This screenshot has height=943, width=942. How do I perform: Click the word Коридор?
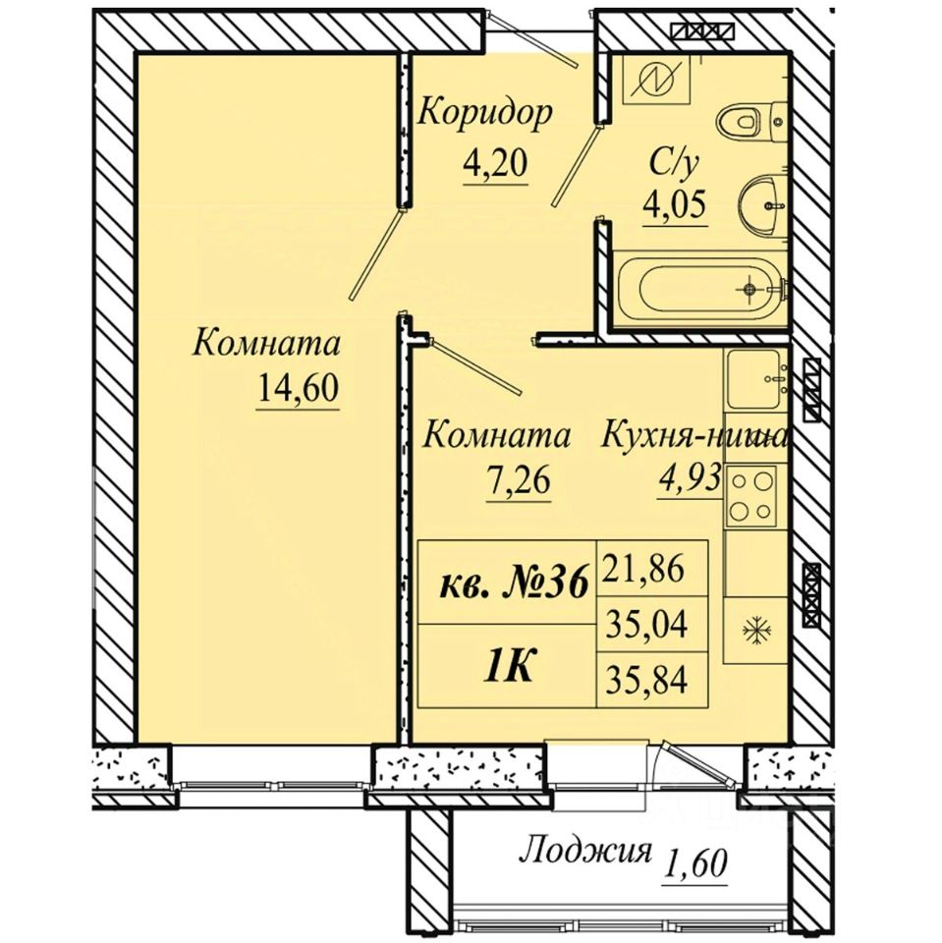click(x=484, y=112)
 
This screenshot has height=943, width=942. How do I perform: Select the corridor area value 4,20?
click(x=495, y=162)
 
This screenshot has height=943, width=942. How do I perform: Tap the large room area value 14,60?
click(x=298, y=387)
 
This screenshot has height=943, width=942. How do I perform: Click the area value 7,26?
click(x=519, y=480)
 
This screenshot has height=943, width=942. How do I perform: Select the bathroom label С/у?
click(x=675, y=163)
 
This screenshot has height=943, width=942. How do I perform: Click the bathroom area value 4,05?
click(x=674, y=205)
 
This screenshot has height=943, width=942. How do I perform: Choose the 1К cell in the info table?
click(x=508, y=666)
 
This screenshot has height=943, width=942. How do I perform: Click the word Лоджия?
click(x=585, y=853)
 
